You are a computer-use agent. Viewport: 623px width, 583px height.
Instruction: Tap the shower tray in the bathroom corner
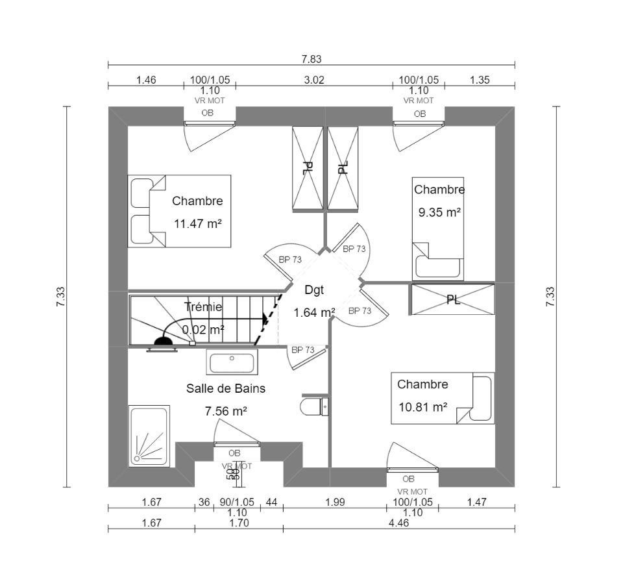(x=149, y=436)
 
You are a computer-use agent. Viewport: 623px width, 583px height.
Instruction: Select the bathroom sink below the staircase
(x=232, y=362)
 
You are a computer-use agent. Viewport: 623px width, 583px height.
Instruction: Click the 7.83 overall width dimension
(x=311, y=59)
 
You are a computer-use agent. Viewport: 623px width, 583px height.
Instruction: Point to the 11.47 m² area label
(x=198, y=224)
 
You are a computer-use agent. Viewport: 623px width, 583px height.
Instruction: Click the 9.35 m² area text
(x=439, y=212)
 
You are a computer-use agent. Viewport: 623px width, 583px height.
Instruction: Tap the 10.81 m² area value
(x=423, y=407)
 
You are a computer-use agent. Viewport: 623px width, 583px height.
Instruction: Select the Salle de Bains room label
(x=226, y=388)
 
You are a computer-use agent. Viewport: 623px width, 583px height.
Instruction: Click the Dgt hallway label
(x=313, y=290)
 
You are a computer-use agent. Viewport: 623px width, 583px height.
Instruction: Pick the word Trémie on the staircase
(x=203, y=306)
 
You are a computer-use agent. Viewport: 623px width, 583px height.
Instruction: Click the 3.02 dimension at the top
(x=314, y=81)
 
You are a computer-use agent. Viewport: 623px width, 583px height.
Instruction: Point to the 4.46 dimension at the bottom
(x=398, y=523)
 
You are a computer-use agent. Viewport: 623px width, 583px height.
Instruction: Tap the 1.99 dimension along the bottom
(x=334, y=502)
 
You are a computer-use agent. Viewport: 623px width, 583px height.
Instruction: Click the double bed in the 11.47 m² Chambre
(x=179, y=211)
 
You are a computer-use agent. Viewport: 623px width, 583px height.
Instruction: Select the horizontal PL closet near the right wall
(x=453, y=300)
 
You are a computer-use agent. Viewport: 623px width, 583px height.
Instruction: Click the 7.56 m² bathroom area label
(x=226, y=411)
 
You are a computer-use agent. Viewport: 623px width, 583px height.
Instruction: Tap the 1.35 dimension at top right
(x=479, y=81)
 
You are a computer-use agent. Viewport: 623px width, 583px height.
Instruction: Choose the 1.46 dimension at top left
(x=146, y=81)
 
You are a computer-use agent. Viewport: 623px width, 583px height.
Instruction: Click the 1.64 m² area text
(x=314, y=313)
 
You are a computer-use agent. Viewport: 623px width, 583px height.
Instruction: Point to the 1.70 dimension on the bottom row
(x=239, y=523)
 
